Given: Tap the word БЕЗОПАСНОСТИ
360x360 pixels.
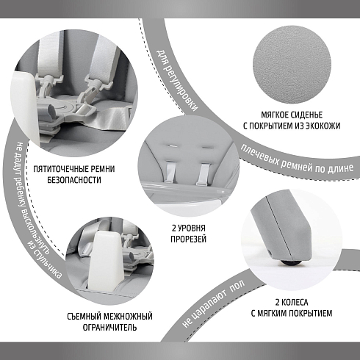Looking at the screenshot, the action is pos(74,180).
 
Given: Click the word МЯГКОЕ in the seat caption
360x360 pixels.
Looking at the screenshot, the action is pos(275,115).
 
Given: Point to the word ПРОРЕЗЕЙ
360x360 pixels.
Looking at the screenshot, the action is pos(188,239).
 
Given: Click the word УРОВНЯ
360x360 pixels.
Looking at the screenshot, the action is pos(192,228).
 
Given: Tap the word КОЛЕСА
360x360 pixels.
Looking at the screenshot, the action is pos(295,303).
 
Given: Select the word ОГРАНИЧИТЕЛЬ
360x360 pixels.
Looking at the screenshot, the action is pos(109,328).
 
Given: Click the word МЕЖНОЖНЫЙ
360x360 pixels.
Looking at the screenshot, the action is pos(128,317).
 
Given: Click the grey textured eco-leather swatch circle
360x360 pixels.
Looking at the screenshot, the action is pos(292,65).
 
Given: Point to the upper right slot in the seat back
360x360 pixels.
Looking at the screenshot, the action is pos(208,147).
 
